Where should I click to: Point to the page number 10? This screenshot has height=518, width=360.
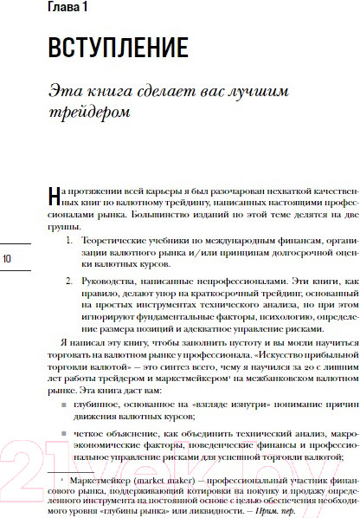point(8,257)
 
